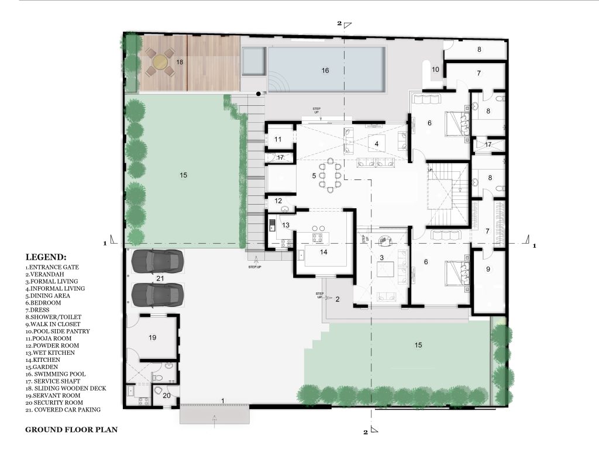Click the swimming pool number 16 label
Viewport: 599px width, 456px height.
point(325,70)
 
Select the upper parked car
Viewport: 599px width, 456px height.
point(157,261)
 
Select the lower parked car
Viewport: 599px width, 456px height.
point(157,295)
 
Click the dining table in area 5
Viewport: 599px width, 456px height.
point(329,176)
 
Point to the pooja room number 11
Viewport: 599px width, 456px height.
point(278,139)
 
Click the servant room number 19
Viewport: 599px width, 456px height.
point(153,337)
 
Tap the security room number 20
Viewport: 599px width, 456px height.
point(167,396)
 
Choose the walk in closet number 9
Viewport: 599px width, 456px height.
point(488,270)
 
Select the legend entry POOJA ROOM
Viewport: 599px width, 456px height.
point(49,338)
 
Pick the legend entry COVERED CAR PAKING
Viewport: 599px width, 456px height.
point(63,410)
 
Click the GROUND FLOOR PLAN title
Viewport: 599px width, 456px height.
point(71,430)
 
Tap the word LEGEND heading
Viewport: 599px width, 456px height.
point(46,257)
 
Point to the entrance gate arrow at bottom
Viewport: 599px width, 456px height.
point(215,421)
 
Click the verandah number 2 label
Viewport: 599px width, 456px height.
point(338,299)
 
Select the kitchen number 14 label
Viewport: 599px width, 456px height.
point(323,252)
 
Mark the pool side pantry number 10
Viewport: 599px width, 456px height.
point(435,70)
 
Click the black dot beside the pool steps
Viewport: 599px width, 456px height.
point(259,94)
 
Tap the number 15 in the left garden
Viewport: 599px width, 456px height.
point(183,175)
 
